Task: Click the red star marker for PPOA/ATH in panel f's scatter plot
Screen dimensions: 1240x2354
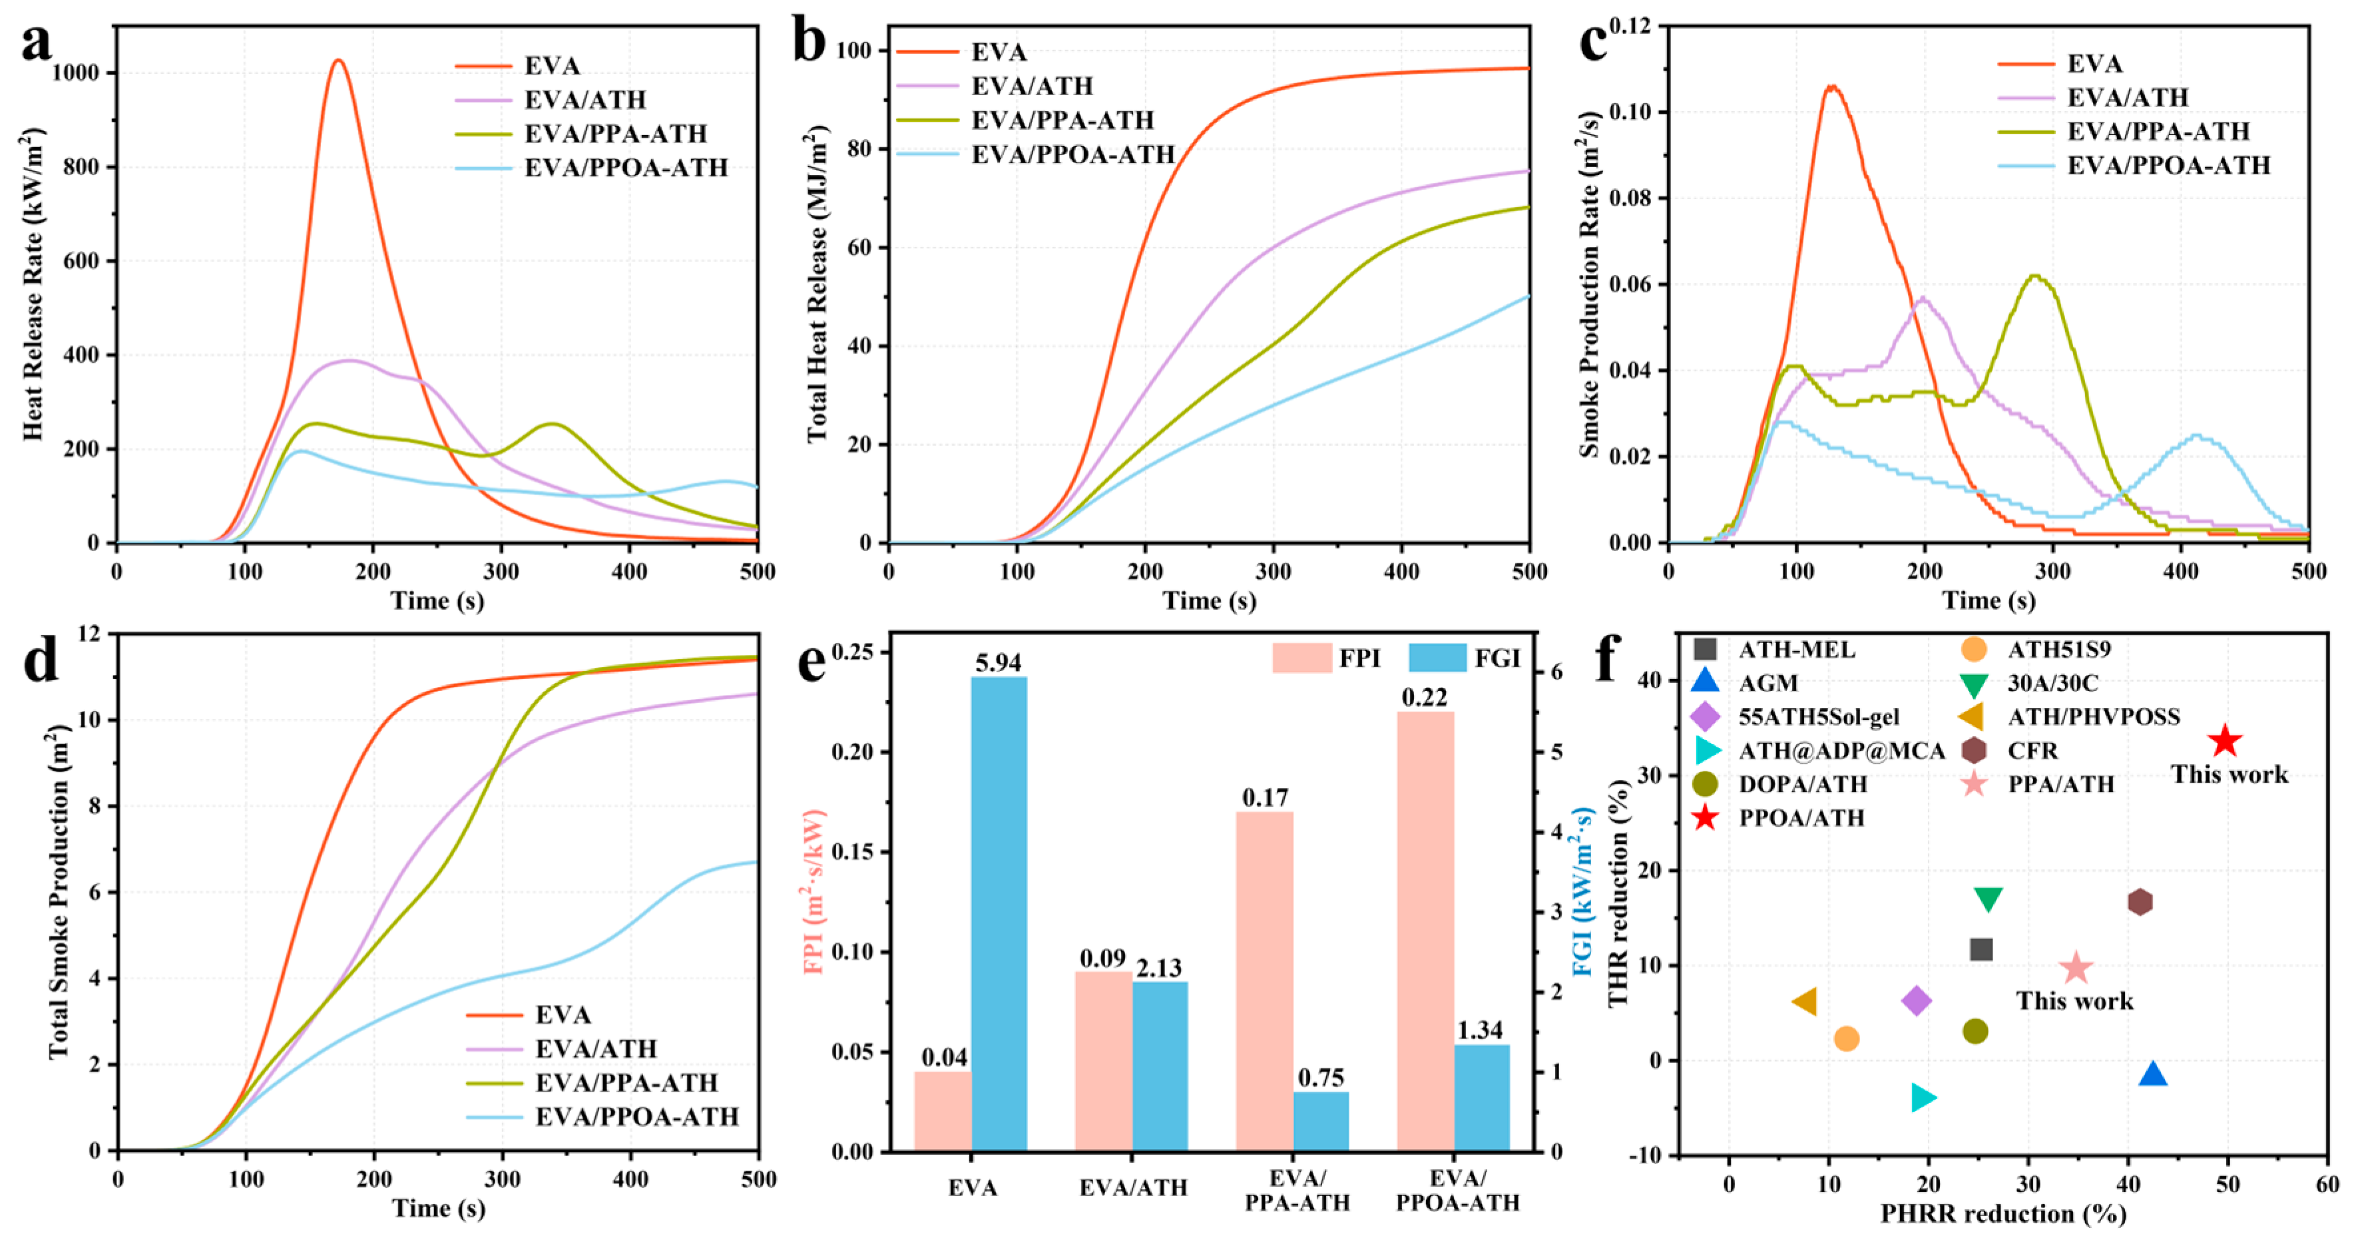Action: [x=2224, y=741]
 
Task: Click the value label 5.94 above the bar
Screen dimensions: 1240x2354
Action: [x=998, y=662]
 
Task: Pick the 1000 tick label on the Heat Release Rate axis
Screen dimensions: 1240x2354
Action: [x=76, y=73]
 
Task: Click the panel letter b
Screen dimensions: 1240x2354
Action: [x=810, y=42]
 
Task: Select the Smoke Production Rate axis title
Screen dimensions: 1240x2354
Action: [x=1589, y=284]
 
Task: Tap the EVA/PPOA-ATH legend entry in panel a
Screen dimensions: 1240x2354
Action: [x=626, y=168]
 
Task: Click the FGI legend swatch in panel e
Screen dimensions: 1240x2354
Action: [x=1437, y=658]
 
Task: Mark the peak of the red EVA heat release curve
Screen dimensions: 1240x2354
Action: [x=338, y=61]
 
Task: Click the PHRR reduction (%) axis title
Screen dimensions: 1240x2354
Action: [x=2003, y=1213]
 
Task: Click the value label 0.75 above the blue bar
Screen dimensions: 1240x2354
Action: [x=1321, y=1078]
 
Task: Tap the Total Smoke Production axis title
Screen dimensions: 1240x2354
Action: [x=59, y=892]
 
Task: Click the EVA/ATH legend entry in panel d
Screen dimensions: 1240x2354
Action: [x=596, y=1048]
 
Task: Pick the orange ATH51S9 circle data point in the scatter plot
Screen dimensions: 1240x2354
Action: [x=1846, y=1039]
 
